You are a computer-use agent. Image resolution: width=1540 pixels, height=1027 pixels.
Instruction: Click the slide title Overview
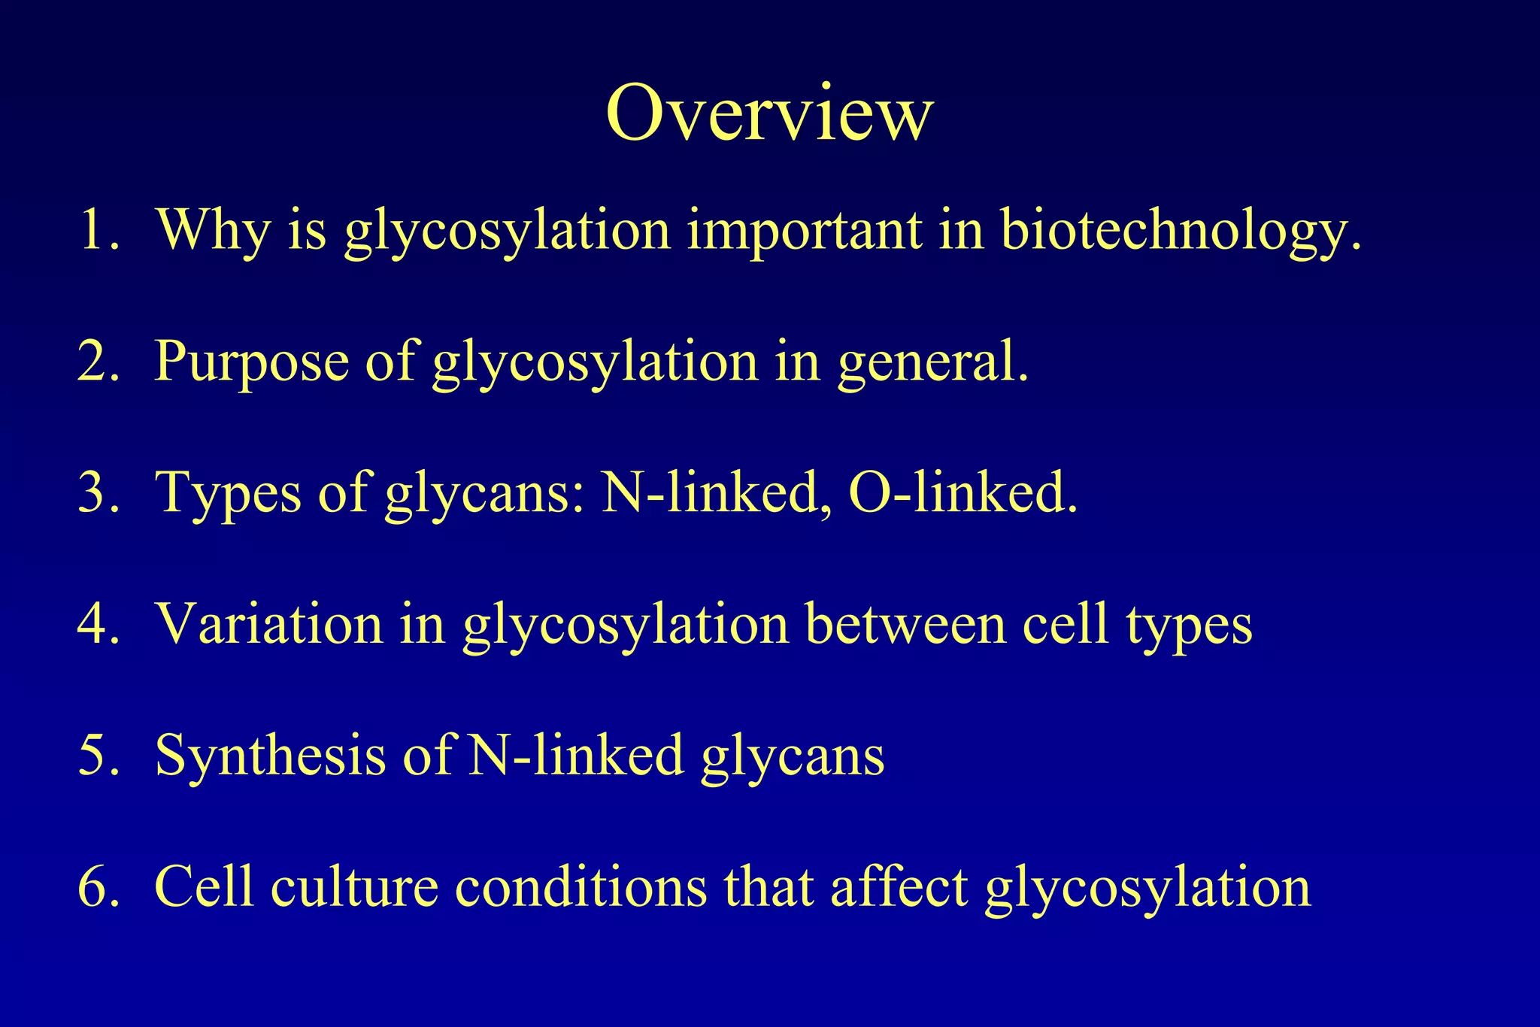click(769, 113)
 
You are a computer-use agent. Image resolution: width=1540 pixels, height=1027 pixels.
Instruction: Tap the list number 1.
click(98, 229)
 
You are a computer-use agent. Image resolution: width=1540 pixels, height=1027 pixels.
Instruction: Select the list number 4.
click(98, 623)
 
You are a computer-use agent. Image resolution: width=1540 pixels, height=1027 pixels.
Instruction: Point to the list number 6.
click(98, 886)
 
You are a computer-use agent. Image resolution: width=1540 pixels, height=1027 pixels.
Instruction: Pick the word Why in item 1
click(213, 229)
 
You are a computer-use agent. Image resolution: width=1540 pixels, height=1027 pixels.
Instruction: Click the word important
click(805, 229)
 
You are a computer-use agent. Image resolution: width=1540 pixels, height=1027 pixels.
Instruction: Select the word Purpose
click(252, 361)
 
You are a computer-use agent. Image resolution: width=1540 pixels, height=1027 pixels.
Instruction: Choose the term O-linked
click(962, 492)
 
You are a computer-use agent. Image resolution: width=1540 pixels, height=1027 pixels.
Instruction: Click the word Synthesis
click(270, 755)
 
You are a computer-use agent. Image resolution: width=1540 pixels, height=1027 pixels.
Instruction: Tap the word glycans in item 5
click(793, 756)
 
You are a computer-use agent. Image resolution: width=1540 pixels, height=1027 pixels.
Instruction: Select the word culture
click(354, 886)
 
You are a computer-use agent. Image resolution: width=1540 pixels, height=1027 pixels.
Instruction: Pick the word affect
click(899, 886)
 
